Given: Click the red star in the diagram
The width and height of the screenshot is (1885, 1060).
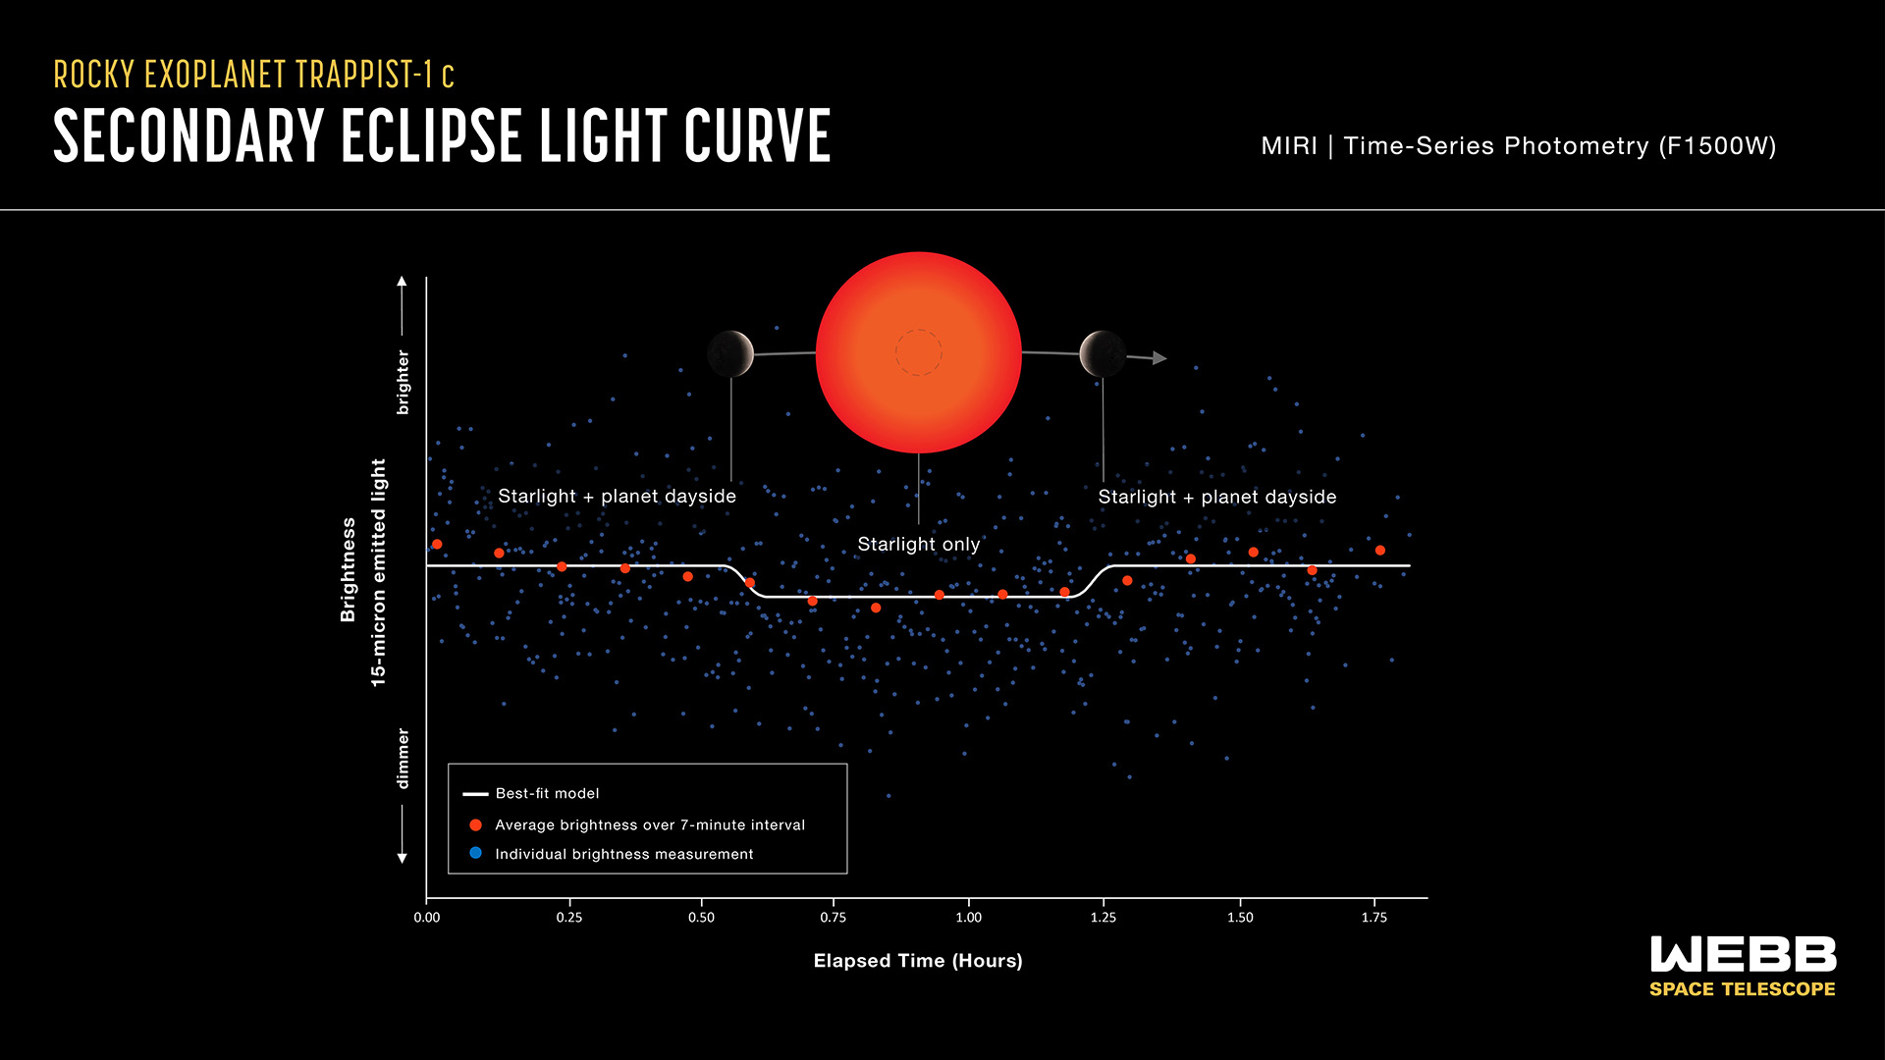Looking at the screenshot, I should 918,352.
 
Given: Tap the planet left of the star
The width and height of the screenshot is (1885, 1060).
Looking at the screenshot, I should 730,353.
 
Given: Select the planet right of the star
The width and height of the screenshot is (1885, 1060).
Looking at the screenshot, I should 1103,353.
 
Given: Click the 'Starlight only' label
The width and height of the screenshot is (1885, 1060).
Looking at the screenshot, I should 918,544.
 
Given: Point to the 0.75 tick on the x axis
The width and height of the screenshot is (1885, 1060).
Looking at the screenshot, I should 833,917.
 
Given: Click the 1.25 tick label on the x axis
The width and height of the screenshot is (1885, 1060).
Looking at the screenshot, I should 1104,917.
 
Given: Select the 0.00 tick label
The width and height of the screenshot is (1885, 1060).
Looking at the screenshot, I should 427,917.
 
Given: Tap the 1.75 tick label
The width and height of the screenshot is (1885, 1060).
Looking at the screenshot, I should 1374,917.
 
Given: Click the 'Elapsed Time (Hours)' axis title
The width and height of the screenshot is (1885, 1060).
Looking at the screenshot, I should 918,961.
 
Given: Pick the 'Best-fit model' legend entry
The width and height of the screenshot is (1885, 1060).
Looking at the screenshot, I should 547,793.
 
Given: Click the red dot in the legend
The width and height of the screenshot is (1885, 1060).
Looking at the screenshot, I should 476,825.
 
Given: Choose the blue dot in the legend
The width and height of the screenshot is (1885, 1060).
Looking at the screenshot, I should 476,853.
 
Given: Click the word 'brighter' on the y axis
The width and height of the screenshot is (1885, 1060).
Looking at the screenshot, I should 403,382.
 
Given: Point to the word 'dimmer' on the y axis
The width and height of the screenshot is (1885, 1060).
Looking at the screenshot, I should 403,758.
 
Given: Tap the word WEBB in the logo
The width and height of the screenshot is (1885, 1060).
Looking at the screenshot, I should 1743,955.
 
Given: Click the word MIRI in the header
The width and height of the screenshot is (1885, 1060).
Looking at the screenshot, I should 1289,146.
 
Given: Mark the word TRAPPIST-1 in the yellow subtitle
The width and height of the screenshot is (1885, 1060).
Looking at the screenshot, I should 364,75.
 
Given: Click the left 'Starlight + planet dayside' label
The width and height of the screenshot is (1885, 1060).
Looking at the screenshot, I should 617,497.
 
